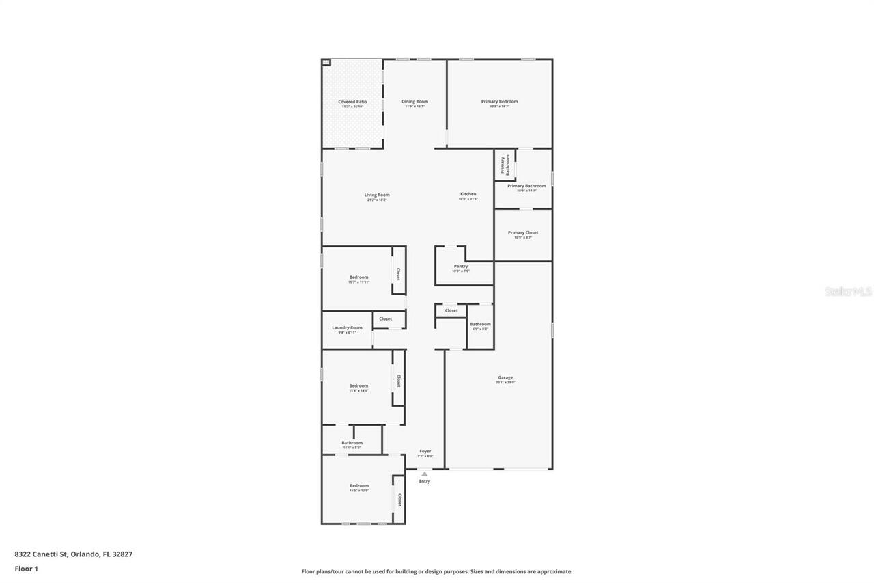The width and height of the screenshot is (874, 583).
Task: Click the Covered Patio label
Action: pos(352,102)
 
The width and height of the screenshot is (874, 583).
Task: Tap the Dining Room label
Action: pos(414,102)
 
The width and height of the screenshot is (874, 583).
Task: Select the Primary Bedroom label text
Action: pos(499,102)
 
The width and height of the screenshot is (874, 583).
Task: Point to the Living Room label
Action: pos(377,195)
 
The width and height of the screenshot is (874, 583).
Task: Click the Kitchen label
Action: pos(468,195)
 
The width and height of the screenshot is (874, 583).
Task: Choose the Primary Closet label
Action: pos(523,233)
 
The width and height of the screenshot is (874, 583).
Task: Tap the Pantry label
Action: pos(461,267)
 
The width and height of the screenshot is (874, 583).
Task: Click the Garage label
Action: pos(505,378)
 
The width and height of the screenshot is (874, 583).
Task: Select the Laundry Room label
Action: pos(347,328)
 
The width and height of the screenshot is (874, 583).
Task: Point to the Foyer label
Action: pos(425,452)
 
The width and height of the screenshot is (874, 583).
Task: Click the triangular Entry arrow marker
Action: pos(425,474)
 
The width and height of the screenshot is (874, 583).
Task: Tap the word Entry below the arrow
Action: pos(425,481)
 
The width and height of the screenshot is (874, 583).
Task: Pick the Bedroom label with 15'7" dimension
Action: pos(358,277)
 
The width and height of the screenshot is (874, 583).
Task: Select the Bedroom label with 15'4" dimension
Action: pos(358,386)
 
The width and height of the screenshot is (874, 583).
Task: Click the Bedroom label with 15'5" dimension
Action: pos(358,486)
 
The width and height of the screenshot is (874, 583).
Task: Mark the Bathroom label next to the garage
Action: pos(480,324)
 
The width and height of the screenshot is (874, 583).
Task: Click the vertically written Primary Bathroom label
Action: pos(505,165)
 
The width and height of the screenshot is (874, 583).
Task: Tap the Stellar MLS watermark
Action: pos(848,292)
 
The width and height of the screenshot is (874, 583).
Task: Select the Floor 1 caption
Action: pos(26,568)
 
